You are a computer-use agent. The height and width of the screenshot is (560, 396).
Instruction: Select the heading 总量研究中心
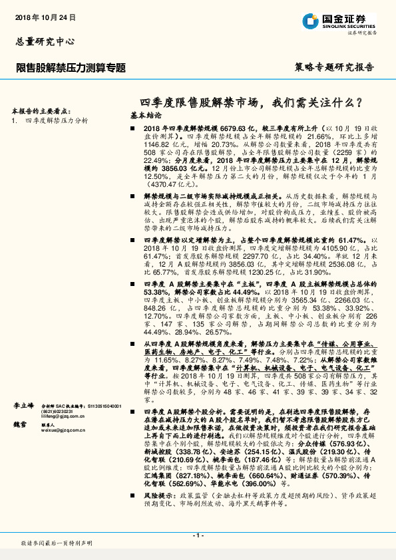coord(41,41)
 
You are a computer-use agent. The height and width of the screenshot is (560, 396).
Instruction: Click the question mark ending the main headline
coord(359,103)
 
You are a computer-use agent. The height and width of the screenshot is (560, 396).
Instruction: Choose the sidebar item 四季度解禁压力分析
coord(57,121)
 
